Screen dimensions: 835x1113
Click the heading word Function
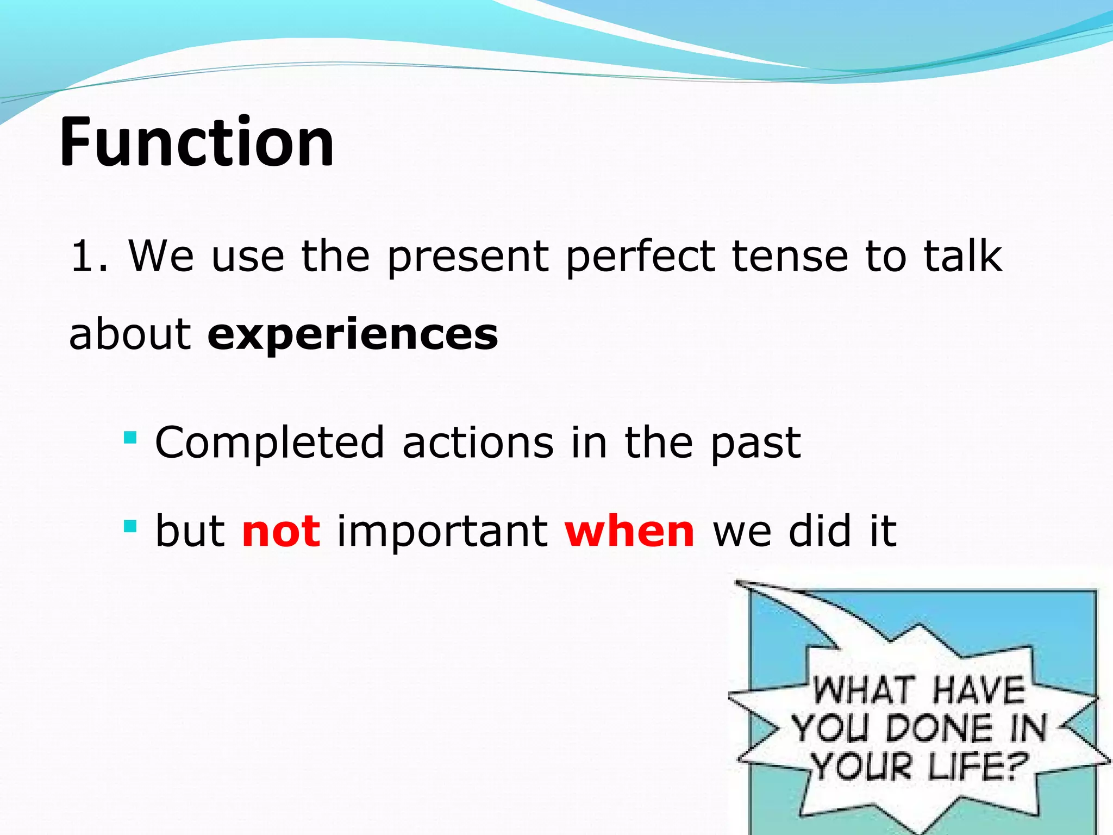tap(197, 142)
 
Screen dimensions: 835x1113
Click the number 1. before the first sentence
tap(89, 257)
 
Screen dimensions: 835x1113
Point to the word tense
tap(790, 257)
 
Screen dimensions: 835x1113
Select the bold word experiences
tap(353, 335)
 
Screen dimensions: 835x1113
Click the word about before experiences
tap(130, 334)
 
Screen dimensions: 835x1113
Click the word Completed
tap(270, 443)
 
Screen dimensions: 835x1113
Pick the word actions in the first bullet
tap(478, 443)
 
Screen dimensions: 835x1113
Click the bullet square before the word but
tap(130, 526)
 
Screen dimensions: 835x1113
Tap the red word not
tap(281, 532)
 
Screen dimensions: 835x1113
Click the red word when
tap(629, 531)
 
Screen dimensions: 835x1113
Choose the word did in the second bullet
tap(820, 531)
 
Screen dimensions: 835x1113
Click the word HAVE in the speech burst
tap(978, 690)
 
